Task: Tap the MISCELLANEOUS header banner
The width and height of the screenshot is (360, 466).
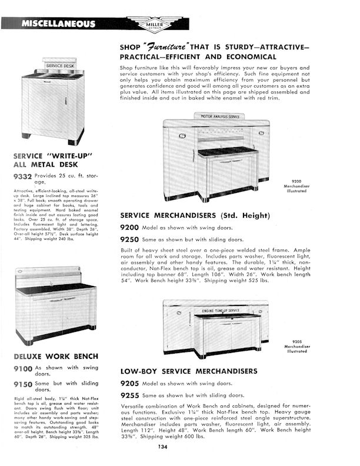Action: pyautogui.click(x=58, y=24)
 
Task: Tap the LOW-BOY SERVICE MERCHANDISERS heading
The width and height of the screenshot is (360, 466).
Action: pyautogui.click(x=189, y=371)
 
